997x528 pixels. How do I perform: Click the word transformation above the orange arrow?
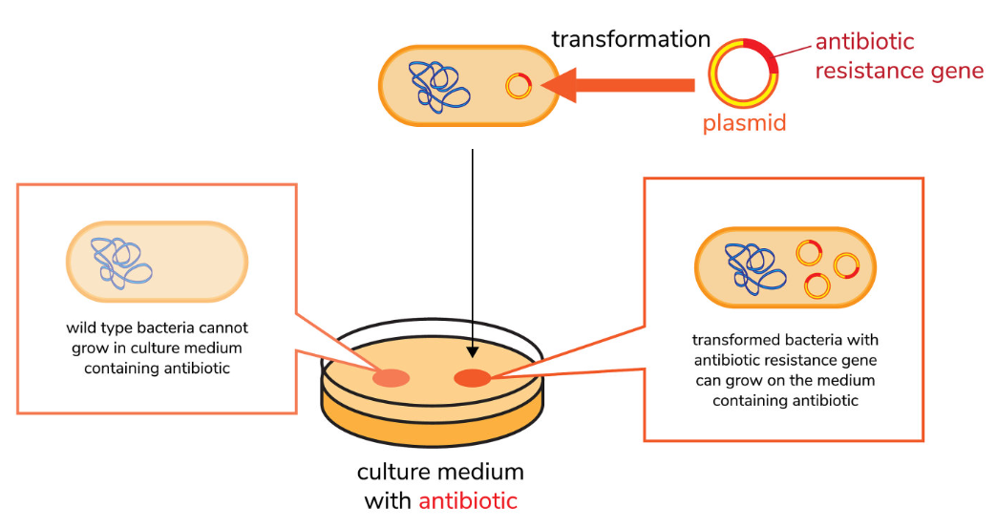coord(630,39)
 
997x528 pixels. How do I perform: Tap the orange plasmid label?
coord(744,122)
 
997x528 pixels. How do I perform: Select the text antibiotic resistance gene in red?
coord(899,56)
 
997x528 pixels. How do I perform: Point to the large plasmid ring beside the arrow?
coord(712,74)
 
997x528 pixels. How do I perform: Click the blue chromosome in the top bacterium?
coord(438,87)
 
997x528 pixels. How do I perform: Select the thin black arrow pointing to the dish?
coord(472,254)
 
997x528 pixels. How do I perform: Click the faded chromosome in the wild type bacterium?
coord(121,264)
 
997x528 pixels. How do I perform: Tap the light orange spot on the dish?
coord(391,378)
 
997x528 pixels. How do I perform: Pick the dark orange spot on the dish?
coord(473,378)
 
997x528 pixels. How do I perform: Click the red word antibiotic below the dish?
coord(468,500)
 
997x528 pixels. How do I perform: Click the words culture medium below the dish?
coord(440,472)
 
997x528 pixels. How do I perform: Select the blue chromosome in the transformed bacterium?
coord(755,268)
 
